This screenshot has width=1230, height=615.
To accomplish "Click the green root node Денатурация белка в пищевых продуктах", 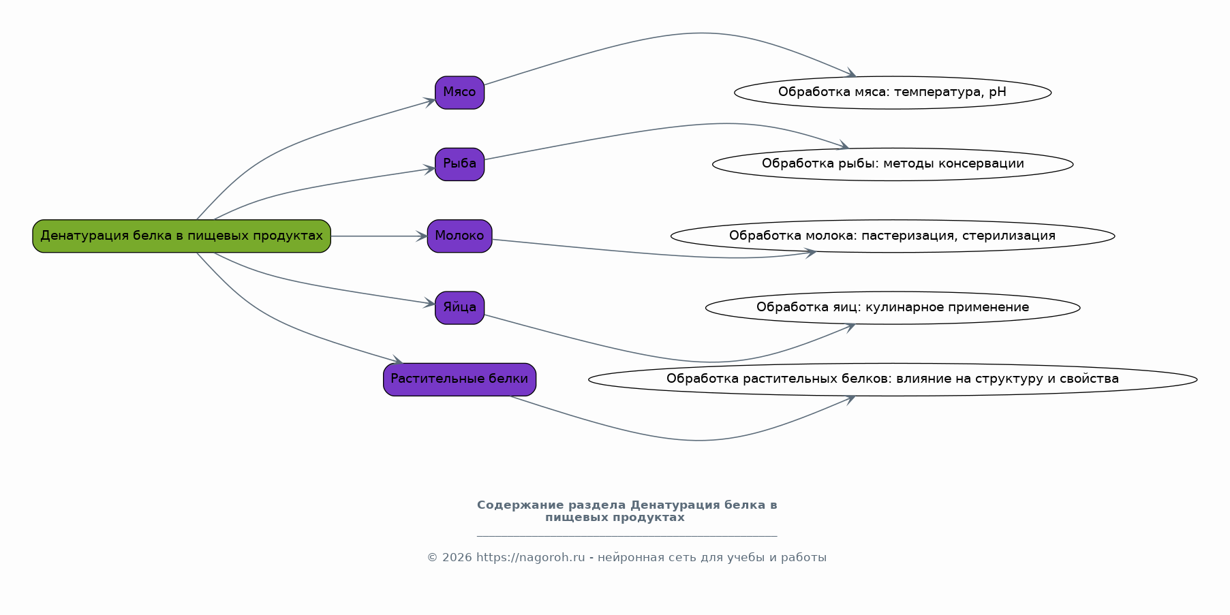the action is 181,236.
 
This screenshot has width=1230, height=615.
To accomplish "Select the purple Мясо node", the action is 459,93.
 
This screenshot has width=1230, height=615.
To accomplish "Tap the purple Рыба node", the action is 459,164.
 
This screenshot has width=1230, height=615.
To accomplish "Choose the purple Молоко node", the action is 459,236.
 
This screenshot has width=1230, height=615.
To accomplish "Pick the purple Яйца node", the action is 459,308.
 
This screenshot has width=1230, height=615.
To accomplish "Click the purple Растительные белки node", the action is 459,379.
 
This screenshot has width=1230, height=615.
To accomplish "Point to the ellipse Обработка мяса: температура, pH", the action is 893,93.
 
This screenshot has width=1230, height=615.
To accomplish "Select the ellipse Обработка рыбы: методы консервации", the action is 893,164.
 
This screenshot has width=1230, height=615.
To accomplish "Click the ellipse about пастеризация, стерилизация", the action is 893,236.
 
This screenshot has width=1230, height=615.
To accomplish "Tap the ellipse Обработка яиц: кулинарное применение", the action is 893,308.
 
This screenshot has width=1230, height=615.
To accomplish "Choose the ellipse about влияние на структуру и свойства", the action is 893,379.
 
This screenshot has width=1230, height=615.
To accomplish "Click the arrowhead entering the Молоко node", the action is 422,236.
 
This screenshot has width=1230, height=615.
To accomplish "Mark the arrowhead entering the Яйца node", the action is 429,303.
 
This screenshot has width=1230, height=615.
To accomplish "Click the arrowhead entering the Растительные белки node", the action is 397,360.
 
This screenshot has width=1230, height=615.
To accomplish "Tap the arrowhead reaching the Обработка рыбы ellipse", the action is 843,145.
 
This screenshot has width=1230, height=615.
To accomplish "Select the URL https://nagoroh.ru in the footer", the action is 530,558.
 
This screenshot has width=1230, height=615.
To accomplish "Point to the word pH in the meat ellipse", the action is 997,93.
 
